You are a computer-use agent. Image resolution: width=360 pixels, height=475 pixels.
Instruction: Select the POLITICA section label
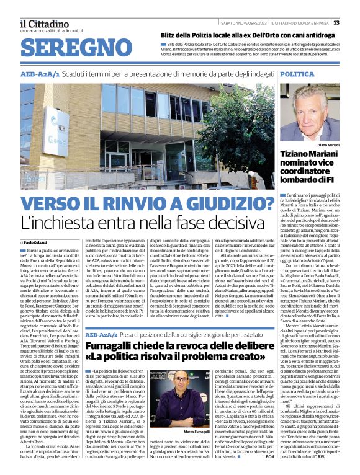point(297,74)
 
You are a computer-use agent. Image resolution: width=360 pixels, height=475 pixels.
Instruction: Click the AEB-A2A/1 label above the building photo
point(40,74)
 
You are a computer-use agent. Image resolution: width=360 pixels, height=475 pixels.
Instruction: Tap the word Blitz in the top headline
point(171,36)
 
